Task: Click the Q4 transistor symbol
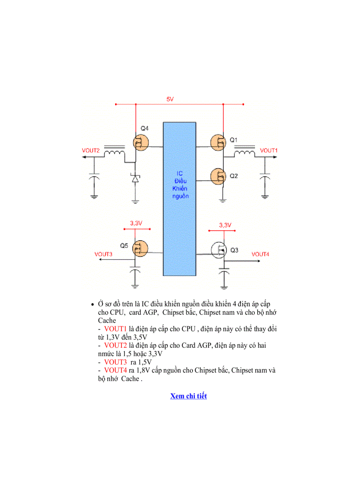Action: coord(141,142)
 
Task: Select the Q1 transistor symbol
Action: coord(217,142)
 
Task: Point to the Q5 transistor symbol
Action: coord(141,249)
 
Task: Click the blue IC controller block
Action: coord(180,198)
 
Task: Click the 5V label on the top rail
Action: coord(170,100)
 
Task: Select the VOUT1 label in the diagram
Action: coord(269,151)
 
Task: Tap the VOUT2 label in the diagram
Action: coord(91,151)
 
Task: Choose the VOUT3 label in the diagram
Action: coord(103,254)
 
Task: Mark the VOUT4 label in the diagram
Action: coord(260,254)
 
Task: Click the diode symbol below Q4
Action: coord(135,179)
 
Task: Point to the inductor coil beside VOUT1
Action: coord(244,153)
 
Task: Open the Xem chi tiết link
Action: coord(188,396)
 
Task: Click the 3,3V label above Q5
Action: coord(135,223)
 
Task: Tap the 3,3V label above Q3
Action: coord(225,225)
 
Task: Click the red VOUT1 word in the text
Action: coord(116,329)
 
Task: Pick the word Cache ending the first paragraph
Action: coord(107,321)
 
